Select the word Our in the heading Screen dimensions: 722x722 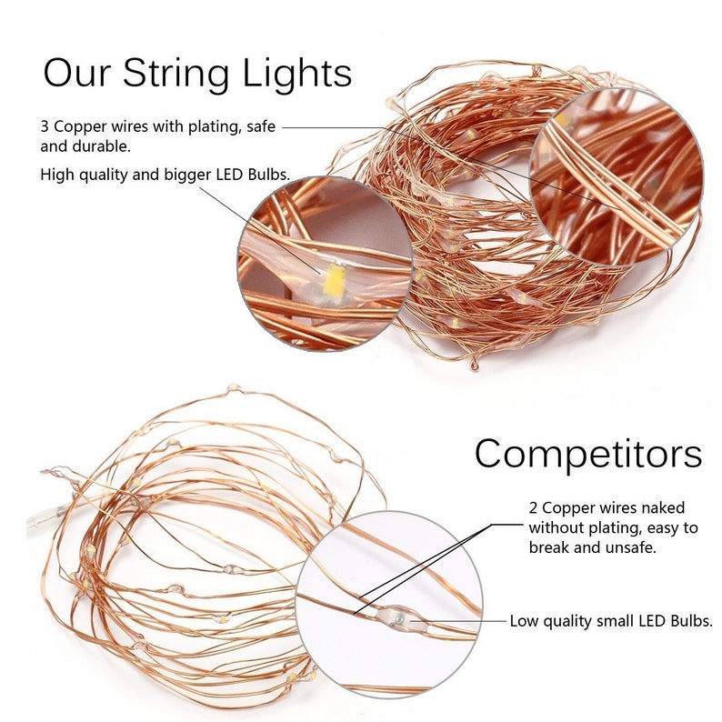tap(76, 72)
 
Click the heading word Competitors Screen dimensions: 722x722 tap(587, 452)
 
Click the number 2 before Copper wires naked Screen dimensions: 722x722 tap(534, 507)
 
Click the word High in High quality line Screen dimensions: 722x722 tap(57, 174)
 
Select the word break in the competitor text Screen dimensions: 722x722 tap(550, 547)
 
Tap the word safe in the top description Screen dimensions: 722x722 tap(259, 127)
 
